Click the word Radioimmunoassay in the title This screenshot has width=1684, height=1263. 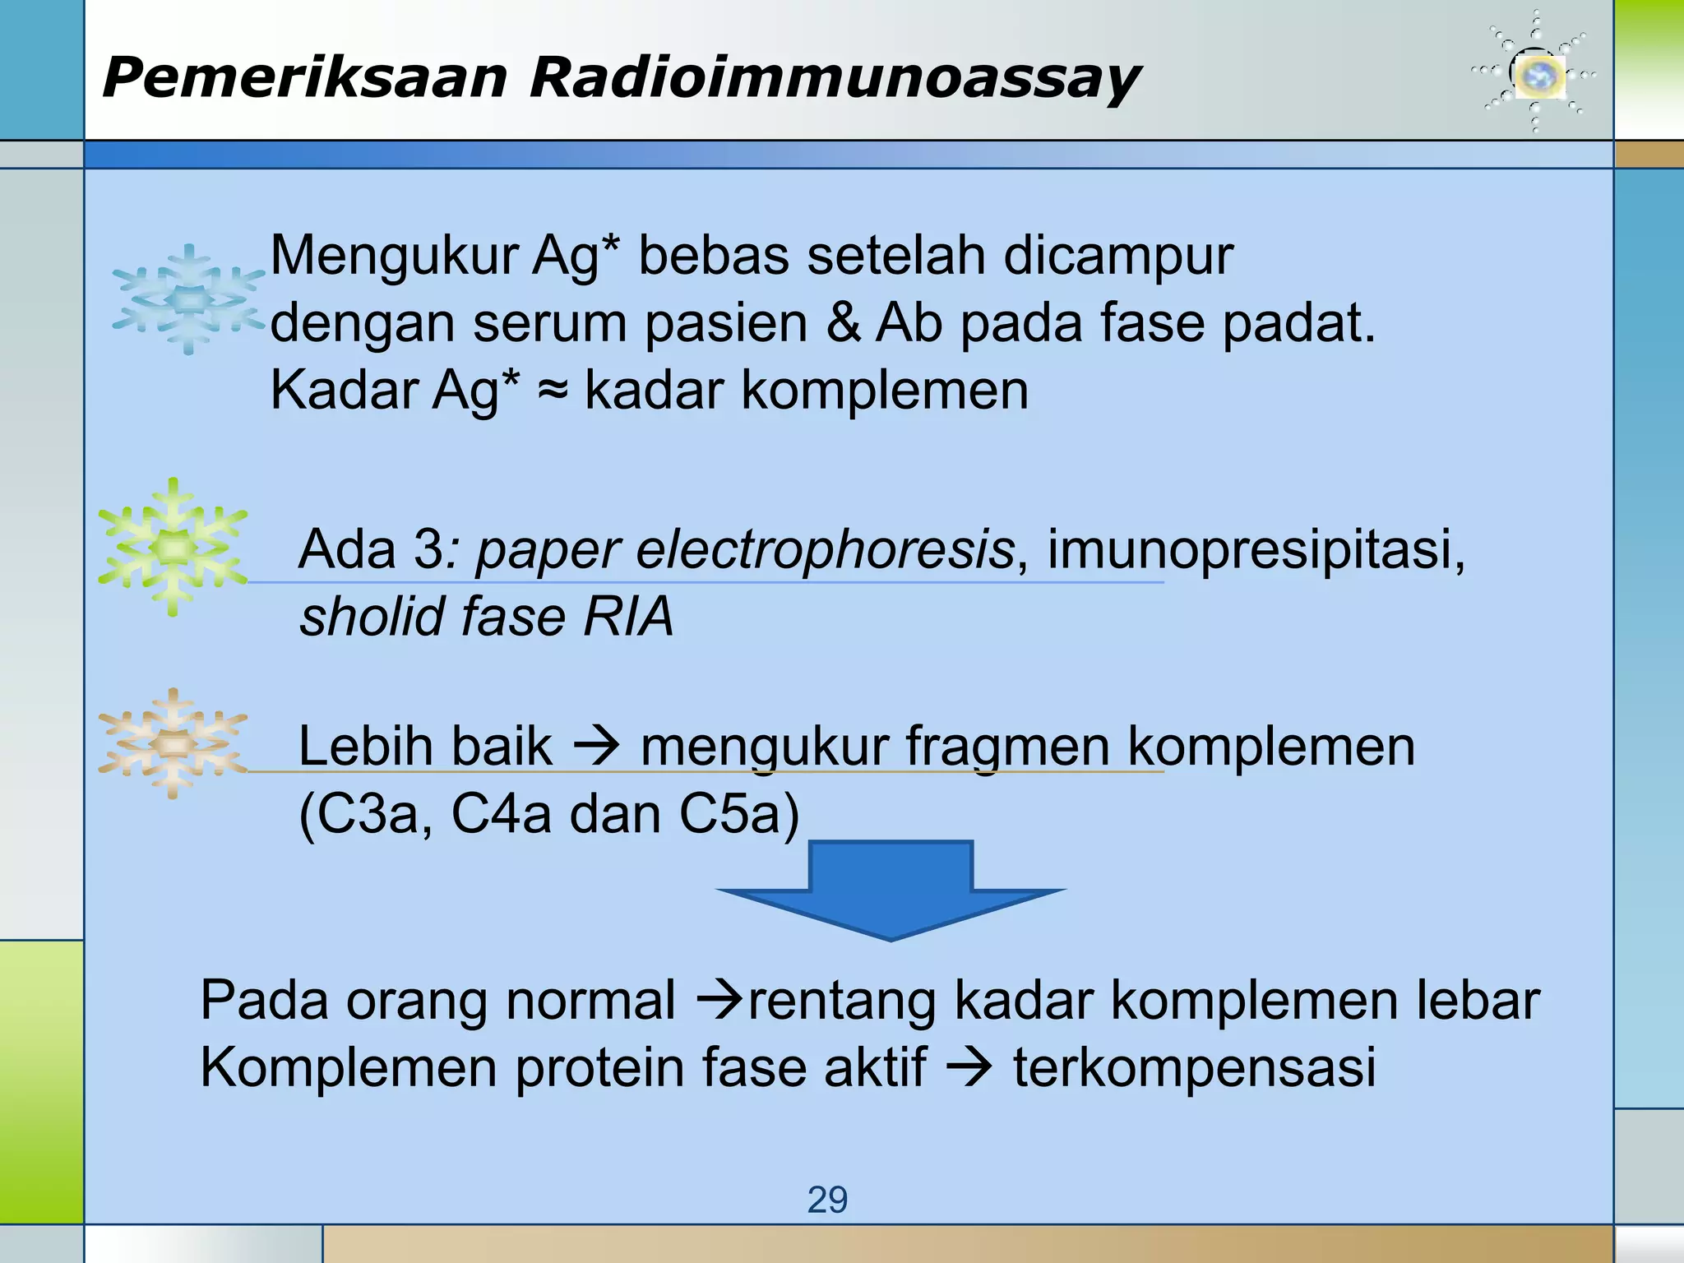click(834, 79)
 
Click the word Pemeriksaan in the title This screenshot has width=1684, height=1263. click(304, 79)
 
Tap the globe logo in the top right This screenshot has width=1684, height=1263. click(1536, 76)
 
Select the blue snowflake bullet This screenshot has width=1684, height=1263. click(189, 299)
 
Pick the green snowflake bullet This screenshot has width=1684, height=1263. click(173, 547)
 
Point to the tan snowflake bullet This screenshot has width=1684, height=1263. click(173, 743)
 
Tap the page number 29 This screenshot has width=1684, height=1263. click(827, 1201)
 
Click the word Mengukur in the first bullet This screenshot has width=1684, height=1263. click(393, 257)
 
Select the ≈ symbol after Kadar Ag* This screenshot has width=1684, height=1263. click(553, 391)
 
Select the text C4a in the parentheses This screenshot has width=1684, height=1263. click(501, 814)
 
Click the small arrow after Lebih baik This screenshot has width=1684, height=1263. click(596, 747)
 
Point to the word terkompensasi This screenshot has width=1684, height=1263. click(1194, 1067)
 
